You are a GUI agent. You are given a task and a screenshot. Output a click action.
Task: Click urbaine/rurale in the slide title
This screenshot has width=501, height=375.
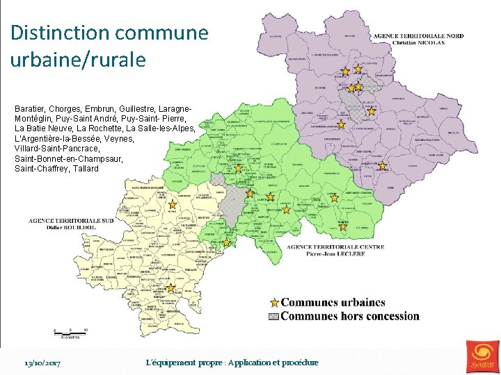click(x=78, y=60)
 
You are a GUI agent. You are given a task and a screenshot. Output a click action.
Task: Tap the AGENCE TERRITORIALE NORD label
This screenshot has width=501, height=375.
click(x=418, y=35)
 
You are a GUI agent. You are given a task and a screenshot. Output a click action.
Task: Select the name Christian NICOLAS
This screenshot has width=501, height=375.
click(x=418, y=42)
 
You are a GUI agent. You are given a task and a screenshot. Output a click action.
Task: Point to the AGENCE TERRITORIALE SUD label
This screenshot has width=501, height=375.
click(x=71, y=220)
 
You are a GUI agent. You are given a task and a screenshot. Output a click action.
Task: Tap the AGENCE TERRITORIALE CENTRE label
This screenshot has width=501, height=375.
click(x=335, y=247)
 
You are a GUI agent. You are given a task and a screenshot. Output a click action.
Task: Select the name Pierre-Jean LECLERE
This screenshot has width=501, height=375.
click(x=335, y=253)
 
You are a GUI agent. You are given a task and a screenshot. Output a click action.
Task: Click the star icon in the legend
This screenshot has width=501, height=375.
click(x=274, y=303)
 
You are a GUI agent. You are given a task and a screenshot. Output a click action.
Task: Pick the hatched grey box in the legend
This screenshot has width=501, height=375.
click(x=274, y=317)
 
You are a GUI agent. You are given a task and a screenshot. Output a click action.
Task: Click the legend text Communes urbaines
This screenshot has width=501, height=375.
click(x=333, y=303)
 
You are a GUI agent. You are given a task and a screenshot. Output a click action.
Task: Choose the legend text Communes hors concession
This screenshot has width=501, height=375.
click(x=350, y=317)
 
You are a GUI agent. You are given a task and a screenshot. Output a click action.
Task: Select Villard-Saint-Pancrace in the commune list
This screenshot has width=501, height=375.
click(x=57, y=149)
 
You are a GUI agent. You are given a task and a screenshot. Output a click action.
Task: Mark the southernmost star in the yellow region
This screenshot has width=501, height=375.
click(x=170, y=287)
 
